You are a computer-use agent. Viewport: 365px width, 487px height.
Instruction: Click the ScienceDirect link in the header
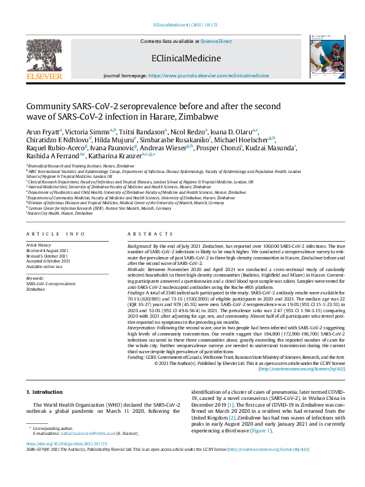click(215, 41)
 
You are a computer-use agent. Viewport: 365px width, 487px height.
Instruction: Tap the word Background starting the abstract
click(140, 244)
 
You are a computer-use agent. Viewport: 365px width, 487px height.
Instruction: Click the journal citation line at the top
click(182, 25)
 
